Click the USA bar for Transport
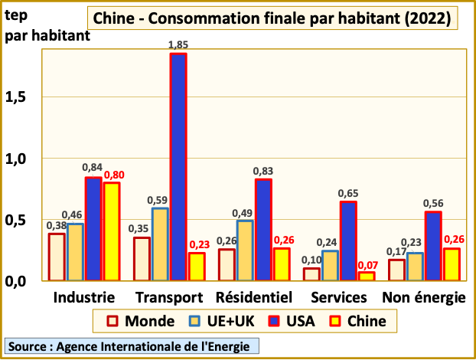[178, 167]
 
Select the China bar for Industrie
[112, 231]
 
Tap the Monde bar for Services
[311, 274]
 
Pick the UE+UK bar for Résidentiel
[245, 250]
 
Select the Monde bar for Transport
[142, 259]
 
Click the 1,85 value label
[178, 45]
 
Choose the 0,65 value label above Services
[348, 193]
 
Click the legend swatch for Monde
[112, 320]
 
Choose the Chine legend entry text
[367, 320]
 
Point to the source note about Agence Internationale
[130, 345]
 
